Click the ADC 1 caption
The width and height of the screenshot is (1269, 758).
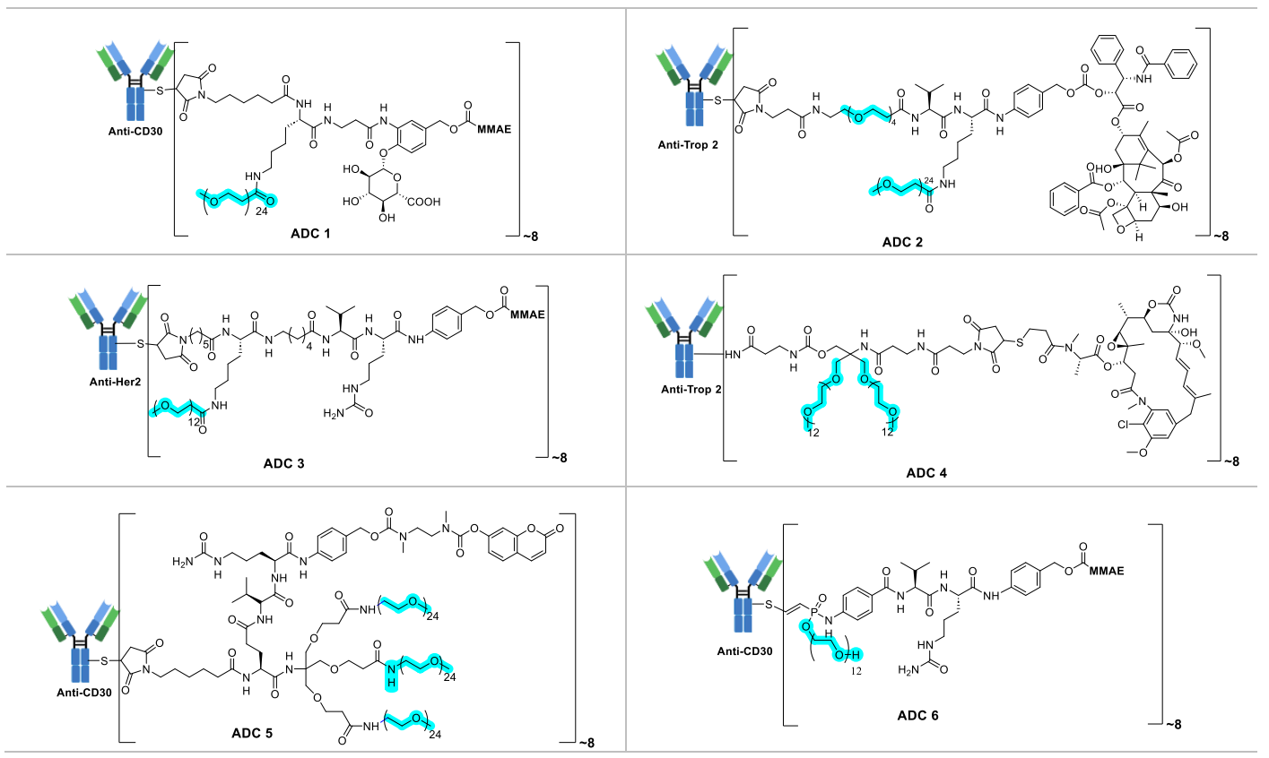tap(310, 234)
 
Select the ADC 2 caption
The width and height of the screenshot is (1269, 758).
tap(901, 242)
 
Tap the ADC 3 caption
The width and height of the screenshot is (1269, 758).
tap(283, 463)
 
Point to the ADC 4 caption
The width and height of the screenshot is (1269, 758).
tap(926, 472)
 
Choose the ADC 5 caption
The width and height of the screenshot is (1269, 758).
tap(251, 733)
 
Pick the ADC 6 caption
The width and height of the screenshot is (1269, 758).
tap(917, 715)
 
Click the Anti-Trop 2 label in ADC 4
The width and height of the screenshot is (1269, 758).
tap(691, 390)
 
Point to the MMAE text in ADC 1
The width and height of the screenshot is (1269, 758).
tap(493, 129)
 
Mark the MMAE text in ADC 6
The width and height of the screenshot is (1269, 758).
tap(1105, 570)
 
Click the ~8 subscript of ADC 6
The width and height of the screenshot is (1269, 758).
tap(1172, 724)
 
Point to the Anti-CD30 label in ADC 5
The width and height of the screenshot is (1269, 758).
tap(84, 692)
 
